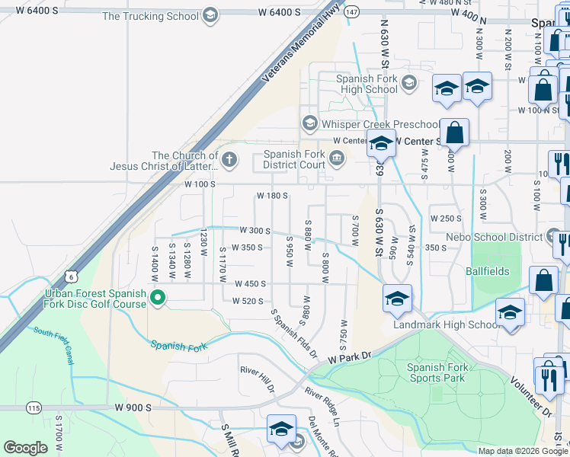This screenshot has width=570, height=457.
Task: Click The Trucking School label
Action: click(149, 15)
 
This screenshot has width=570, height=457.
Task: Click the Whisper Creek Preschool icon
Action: click(309, 123)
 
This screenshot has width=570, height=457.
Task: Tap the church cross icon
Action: click(229, 159)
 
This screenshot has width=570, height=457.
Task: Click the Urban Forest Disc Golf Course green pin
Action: click(158, 298)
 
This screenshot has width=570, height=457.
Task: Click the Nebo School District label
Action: click(495, 238)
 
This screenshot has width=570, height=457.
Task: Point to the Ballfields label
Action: click(487, 271)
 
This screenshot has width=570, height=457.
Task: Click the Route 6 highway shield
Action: click(71, 274)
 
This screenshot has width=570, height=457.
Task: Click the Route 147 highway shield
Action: click(351, 12)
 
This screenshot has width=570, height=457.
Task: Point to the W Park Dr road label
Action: click(349, 356)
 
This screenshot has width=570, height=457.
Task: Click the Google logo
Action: click(25, 448)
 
